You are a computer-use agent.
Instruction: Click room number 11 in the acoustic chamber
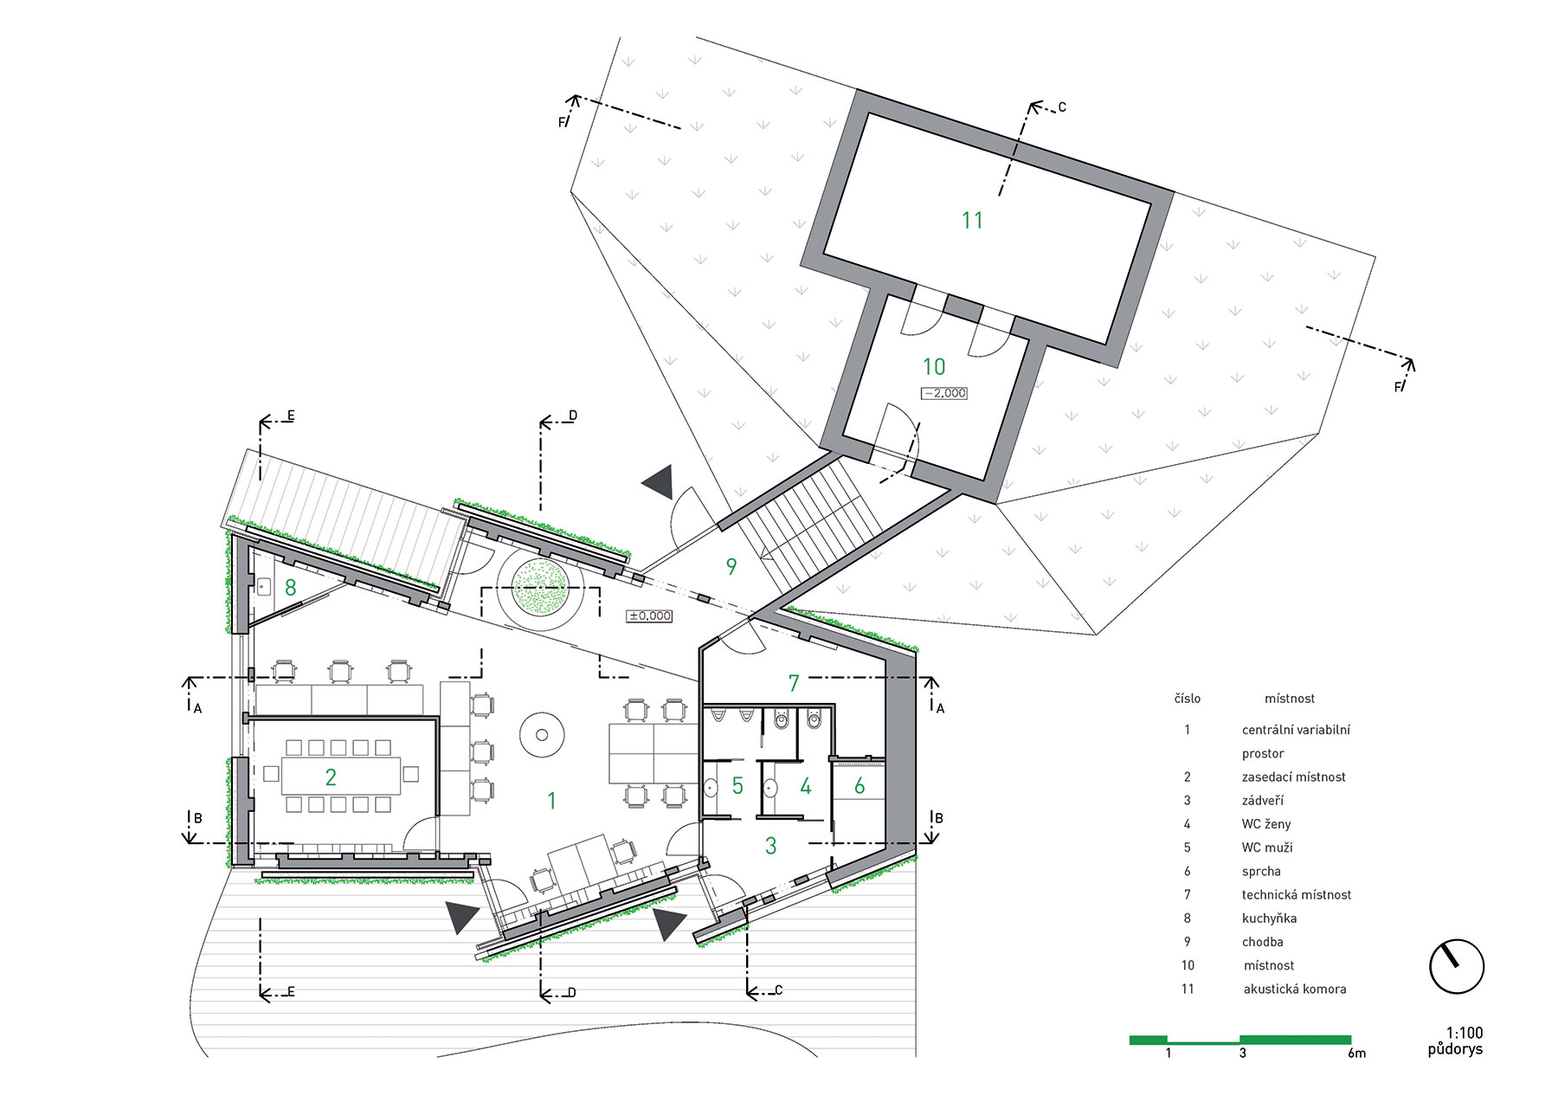click(972, 221)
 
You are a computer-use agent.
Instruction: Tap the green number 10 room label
click(934, 367)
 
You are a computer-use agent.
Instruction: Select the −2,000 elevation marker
click(944, 393)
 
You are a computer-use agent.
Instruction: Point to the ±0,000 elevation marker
click(650, 615)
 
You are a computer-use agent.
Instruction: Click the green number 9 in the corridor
click(731, 567)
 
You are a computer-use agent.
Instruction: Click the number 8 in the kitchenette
click(291, 588)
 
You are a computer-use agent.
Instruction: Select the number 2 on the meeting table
click(331, 777)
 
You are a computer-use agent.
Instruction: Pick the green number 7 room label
click(794, 683)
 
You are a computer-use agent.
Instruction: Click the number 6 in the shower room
click(859, 785)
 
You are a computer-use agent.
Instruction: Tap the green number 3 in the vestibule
click(771, 845)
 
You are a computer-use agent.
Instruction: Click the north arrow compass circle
click(1458, 966)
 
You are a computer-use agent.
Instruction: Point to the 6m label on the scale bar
click(1356, 1054)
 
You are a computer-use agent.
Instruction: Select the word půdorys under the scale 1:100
click(1455, 1049)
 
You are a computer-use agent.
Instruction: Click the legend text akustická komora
click(1295, 989)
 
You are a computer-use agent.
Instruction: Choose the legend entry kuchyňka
click(1269, 918)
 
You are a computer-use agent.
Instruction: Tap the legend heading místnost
click(1290, 699)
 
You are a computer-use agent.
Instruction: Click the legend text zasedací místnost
click(1294, 777)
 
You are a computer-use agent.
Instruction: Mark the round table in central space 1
click(543, 735)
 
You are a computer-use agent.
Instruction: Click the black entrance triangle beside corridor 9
click(660, 481)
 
